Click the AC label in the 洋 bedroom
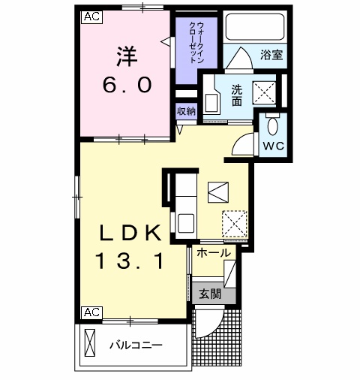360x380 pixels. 90,15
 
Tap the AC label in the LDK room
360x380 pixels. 90,311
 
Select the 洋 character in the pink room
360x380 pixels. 127,56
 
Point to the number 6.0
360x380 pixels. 127,85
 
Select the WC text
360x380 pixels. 271,146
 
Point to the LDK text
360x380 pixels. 127,234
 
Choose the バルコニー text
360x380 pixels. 135,346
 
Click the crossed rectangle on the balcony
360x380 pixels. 91,343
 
